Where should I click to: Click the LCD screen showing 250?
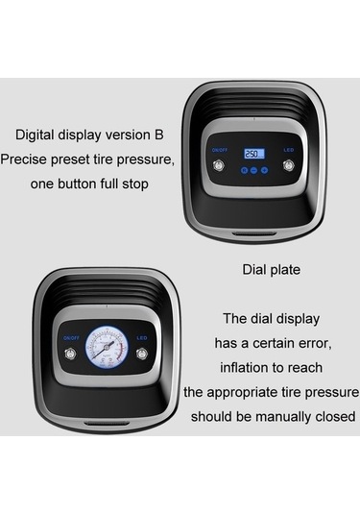coord(253,154)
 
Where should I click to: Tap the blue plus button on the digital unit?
coord(264,170)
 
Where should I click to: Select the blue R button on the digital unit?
coord(244,170)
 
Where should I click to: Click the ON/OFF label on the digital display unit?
coord(220,150)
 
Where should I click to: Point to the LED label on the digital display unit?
coord(289,150)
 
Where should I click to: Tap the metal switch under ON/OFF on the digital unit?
coord(219,164)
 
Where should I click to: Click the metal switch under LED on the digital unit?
coord(289,165)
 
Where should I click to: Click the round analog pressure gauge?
coord(107,347)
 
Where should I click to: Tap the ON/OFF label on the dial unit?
coord(71,337)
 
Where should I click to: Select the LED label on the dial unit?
coord(141,337)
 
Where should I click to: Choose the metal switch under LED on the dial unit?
coord(141,354)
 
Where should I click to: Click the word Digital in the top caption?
coord(36,135)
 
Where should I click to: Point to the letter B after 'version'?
coord(158,135)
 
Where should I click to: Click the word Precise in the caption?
coord(24,159)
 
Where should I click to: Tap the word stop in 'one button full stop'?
coord(135,184)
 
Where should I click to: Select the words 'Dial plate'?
coord(272,270)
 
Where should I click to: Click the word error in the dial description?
coord(314,343)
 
